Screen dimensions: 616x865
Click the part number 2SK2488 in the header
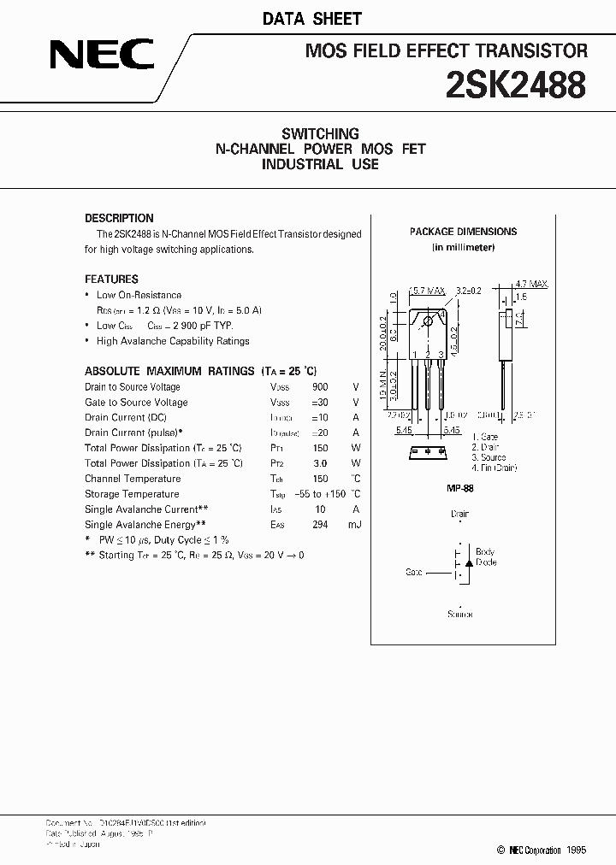point(516,85)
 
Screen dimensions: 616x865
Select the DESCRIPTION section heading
point(119,218)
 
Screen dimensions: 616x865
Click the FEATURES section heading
point(111,279)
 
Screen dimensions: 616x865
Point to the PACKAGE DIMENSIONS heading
point(463,232)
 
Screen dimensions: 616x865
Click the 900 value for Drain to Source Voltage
point(320,387)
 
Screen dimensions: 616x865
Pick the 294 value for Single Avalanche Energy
point(320,525)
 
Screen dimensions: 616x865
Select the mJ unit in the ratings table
point(354,525)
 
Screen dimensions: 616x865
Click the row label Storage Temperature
point(132,494)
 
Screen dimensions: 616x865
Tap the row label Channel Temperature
point(133,479)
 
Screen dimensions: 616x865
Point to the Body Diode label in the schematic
point(485,557)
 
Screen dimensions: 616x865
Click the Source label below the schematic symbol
point(459,615)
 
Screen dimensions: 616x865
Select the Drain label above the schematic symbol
point(459,515)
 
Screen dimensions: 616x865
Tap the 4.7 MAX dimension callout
point(531,284)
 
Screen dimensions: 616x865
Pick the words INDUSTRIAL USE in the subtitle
point(320,164)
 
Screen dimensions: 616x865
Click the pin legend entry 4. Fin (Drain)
point(495,468)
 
